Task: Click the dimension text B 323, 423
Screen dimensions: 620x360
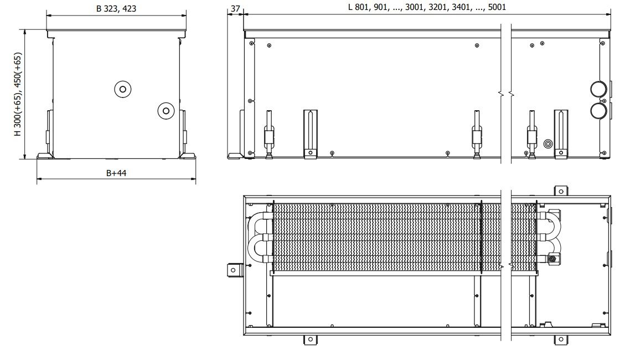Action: coord(116,9)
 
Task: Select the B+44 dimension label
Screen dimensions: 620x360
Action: coord(116,173)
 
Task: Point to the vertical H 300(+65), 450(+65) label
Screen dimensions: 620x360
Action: coord(18,95)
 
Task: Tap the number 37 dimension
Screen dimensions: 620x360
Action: coord(235,9)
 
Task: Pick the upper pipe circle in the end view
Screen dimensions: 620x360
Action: coord(122,89)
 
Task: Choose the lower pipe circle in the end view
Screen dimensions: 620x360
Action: coord(166,111)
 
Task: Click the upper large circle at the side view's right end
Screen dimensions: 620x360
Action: coord(598,89)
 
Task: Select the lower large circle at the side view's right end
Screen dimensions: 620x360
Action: coord(598,111)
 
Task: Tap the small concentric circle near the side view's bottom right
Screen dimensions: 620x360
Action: coord(549,143)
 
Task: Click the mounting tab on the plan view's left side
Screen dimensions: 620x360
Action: coord(234,270)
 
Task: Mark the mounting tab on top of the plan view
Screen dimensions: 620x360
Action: coord(560,191)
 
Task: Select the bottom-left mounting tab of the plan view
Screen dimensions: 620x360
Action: coord(311,340)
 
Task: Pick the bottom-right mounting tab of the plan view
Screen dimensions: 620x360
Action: coord(561,340)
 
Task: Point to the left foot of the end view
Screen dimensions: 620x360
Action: coord(45,156)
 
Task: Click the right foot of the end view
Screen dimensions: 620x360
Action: coord(187,156)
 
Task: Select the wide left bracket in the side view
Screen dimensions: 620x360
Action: coord(311,134)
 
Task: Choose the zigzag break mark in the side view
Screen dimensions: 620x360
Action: coord(506,94)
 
